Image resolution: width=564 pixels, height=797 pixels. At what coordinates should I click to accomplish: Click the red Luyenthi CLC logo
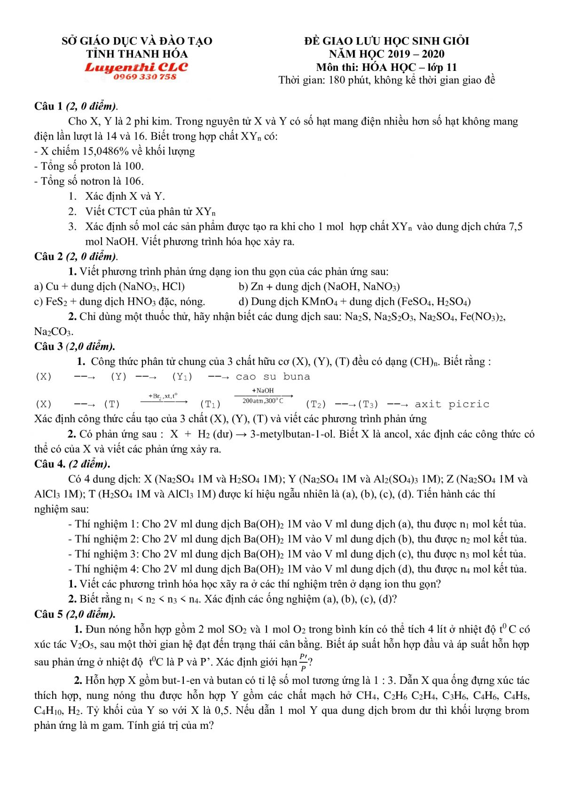point(136,67)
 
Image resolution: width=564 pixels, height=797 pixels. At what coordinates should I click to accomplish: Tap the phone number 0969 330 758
point(145,77)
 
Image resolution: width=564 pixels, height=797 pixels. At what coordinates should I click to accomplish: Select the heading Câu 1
point(48,106)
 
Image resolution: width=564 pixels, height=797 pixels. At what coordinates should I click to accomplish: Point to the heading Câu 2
point(48,256)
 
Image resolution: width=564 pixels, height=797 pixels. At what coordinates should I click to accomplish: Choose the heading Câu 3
point(48,347)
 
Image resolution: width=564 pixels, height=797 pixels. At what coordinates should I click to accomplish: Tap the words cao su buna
point(273,377)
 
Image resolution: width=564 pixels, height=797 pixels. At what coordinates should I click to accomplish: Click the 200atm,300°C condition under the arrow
point(263,401)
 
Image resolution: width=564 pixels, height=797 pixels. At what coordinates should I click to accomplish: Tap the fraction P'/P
point(304,662)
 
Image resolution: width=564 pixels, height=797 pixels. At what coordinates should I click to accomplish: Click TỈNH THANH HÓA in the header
point(137,54)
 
